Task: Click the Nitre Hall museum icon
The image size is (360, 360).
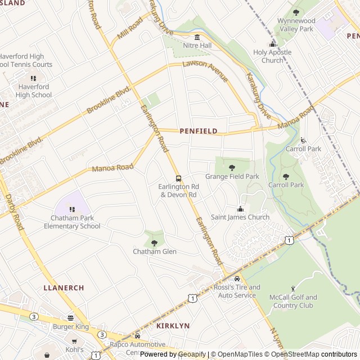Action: click(197, 37)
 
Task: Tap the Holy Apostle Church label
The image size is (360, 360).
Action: click(272, 56)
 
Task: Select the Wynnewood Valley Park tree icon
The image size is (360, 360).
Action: click(296, 12)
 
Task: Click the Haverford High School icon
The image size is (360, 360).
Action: click(33, 78)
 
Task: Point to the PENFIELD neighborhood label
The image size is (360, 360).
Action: click(199, 131)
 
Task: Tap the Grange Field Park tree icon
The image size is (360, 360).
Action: click(232, 167)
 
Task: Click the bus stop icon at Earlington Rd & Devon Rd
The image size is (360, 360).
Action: click(179, 178)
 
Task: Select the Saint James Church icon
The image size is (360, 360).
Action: click(240, 209)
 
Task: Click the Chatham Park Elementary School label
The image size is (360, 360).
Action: click(72, 222)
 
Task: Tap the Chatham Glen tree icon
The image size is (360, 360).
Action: click(155, 242)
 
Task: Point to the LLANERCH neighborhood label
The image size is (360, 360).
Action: click(64, 288)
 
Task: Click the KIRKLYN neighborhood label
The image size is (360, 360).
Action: click(173, 326)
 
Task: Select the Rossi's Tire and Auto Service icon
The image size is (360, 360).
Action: click(237, 279)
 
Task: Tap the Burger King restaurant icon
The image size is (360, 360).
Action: click(71, 318)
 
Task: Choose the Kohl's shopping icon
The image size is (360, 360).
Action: click(74, 341)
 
